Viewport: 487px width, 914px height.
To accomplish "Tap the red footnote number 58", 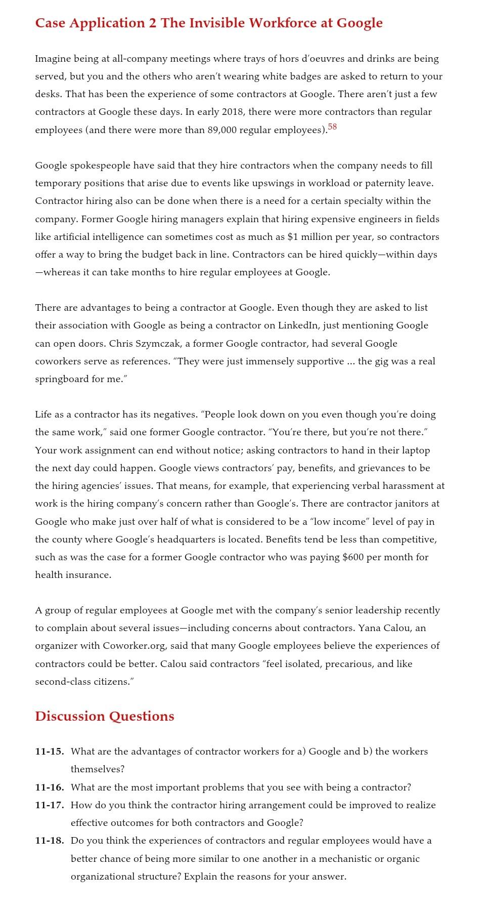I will point(332,127).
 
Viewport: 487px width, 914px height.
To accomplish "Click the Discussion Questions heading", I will point(105,716).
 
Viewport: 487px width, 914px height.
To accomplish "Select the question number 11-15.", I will point(49,752).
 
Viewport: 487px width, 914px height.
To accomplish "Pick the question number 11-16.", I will point(49,787).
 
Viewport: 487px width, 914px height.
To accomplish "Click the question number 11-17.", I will point(49,805).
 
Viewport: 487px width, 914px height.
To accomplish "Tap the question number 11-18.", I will point(49,841).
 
